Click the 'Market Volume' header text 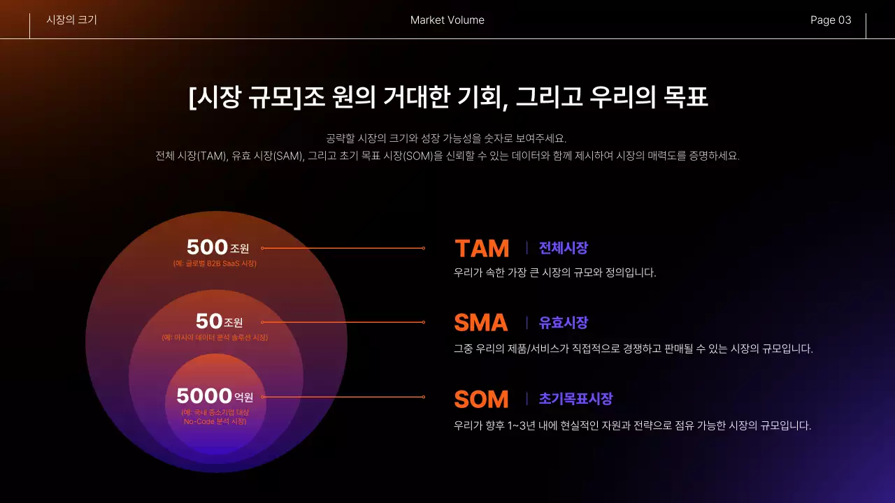447,20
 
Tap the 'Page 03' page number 831,20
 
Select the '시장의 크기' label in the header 71,20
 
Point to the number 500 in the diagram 207,247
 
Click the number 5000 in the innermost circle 203,396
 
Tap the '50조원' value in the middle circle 219,321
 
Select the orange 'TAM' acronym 482,249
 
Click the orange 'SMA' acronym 481,323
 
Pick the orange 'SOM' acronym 481,400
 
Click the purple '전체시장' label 563,248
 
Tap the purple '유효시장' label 563,323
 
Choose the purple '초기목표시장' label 575,399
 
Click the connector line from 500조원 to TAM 343,248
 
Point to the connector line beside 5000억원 343,397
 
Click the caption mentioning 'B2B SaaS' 215,263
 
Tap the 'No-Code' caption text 215,421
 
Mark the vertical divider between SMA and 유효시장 527,323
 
